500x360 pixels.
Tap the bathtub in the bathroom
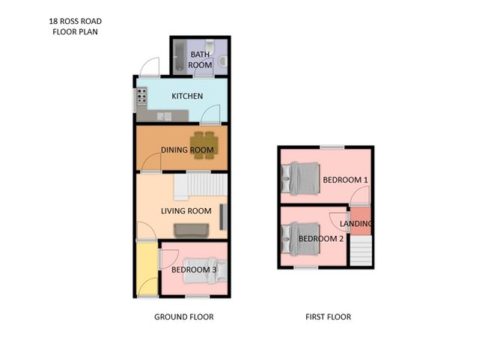click(180, 57)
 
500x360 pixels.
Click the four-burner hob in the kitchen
click(141, 97)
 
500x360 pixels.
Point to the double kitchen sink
click(165, 116)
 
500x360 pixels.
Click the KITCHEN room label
click(187, 97)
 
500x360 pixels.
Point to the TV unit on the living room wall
click(224, 216)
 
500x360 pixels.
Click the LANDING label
click(356, 224)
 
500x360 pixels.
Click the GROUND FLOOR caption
click(183, 317)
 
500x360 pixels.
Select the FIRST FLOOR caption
click(328, 317)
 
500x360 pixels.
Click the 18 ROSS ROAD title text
click(76, 22)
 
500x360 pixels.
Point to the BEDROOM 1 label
click(345, 180)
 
